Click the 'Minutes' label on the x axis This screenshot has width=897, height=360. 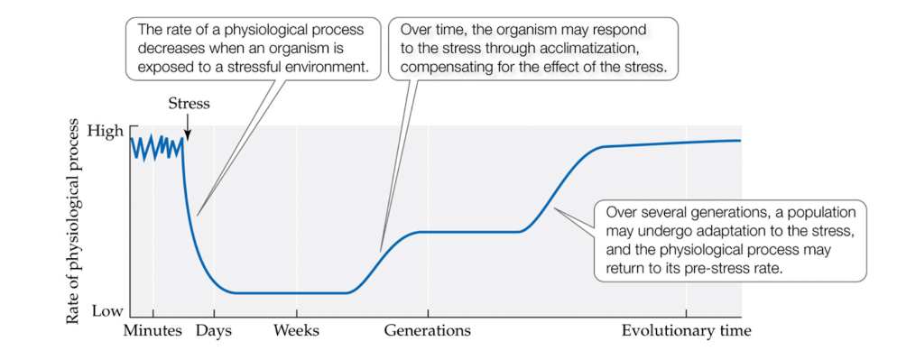click(153, 331)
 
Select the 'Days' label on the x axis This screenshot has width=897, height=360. click(214, 331)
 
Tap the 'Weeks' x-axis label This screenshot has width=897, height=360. click(296, 331)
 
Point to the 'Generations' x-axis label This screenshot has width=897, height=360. click(427, 331)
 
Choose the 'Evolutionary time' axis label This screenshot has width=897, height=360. click(686, 331)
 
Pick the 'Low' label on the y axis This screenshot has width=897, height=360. click(106, 310)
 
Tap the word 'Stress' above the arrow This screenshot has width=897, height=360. click(189, 104)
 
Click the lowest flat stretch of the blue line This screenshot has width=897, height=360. click(289, 292)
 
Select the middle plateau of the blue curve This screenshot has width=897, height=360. click(469, 232)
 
